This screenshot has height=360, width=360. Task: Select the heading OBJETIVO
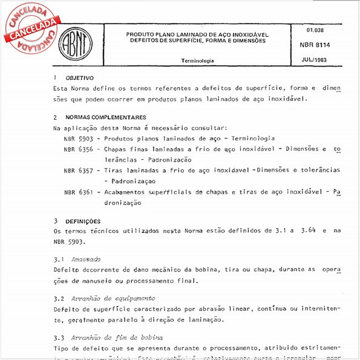click(x=79, y=78)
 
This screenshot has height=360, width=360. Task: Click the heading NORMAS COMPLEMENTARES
click(x=105, y=117)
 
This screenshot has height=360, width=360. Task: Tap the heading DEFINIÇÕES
click(x=83, y=221)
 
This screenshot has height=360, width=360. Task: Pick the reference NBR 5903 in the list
click(x=78, y=139)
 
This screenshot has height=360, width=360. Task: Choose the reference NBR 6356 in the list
click(x=78, y=149)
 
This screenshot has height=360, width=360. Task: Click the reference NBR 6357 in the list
click(x=78, y=170)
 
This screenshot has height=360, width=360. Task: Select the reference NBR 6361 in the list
click(x=78, y=192)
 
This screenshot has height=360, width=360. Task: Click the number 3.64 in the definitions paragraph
click(x=304, y=231)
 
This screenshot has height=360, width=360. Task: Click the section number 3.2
click(x=58, y=298)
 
